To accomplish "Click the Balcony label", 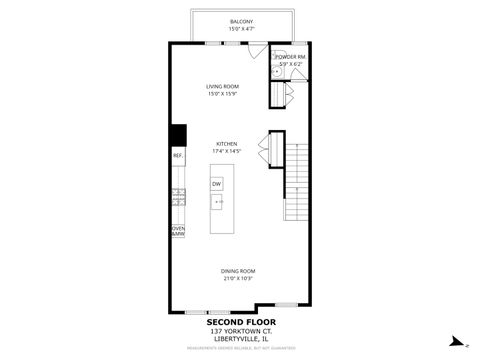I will pos(241,21).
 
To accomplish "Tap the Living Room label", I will pos(221,87).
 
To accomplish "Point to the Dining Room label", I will pos(238,271).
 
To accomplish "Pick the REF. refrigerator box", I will pos(177,156).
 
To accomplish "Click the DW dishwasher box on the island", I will pos(216,184).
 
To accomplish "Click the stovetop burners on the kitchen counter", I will pos(178,197).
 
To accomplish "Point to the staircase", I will pos(296,180).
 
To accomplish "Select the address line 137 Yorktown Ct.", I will pos(241,330).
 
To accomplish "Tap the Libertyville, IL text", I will pos(241,339).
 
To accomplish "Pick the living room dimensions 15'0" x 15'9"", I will pos(221,94).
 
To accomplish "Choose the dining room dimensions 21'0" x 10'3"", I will pos(238,278).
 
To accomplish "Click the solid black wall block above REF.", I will pos(177,135).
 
